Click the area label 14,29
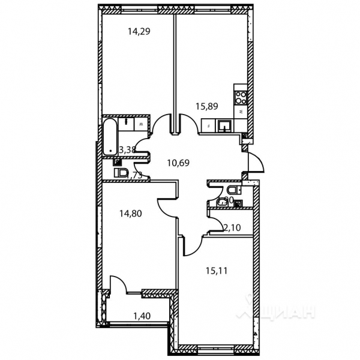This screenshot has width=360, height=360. click(x=138, y=32)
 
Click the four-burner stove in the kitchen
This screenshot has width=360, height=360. click(x=241, y=95)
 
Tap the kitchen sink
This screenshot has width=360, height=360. click(x=224, y=125)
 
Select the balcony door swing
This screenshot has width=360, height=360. click(x=118, y=284)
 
